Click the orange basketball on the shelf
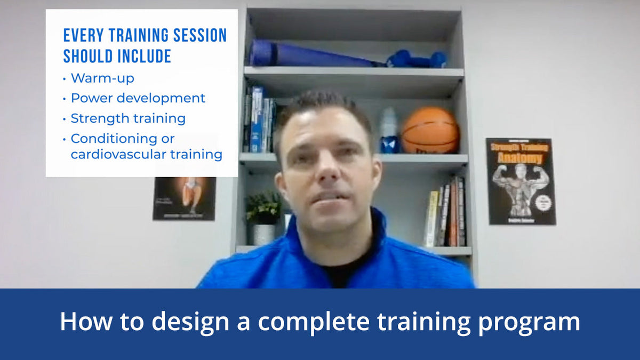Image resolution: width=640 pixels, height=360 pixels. pos(430,130)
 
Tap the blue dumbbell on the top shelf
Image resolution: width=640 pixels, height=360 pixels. pos(417,59)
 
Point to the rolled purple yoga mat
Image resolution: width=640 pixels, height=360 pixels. pos(315,54)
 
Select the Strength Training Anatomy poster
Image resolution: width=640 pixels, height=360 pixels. pos(520,181)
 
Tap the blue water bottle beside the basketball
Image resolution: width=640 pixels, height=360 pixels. pos(389,130)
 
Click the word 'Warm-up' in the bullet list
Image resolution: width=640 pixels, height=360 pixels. pos(102,78)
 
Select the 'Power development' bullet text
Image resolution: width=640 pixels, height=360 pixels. pos(138,98)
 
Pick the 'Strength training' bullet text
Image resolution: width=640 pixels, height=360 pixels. pos(128,118)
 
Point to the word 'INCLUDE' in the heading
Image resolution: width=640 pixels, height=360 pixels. pos(139,56)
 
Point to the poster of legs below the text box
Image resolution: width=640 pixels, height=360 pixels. pos(185,198)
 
